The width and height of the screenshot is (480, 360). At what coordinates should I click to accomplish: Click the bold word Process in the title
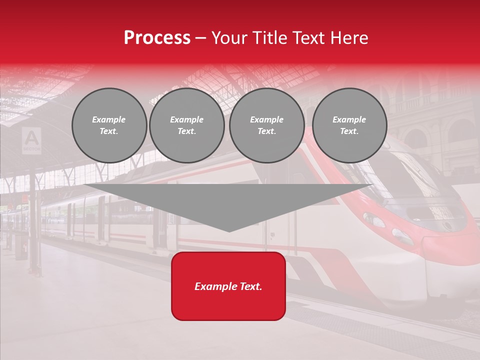pyautogui.click(x=157, y=38)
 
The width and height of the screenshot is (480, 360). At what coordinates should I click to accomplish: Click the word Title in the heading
pyautogui.click(x=270, y=38)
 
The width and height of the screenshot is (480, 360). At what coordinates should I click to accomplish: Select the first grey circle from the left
pyautogui.click(x=109, y=125)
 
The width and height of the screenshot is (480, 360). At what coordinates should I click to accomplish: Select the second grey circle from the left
pyautogui.click(x=187, y=125)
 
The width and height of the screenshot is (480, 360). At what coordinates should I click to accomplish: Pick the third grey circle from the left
pyautogui.click(x=266, y=125)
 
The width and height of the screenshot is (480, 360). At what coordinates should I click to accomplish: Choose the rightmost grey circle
pyautogui.click(x=349, y=125)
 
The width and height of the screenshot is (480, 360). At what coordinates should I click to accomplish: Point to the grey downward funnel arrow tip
pyautogui.click(x=228, y=227)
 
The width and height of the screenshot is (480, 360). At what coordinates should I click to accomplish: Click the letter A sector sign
pyautogui.click(x=31, y=139)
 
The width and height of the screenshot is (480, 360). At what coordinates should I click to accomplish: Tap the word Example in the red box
pyautogui.click(x=215, y=286)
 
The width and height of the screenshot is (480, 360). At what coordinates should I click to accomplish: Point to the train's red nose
pyautogui.click(x=452, y=250)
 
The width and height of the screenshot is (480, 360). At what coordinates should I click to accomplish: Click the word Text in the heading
pyautogui.click(x=309, y=38)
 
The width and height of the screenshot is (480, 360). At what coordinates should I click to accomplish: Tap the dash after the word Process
pyautogui.click(x=201, y=38)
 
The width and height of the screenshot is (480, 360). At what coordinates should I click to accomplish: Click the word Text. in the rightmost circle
pyautogui.click(x=349, y=131)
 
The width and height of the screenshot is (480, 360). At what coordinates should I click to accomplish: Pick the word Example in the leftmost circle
pyautogui.click(x=109, y=119)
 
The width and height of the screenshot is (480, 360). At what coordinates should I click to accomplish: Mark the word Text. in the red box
pyautogui.click(x=250, y=286)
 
